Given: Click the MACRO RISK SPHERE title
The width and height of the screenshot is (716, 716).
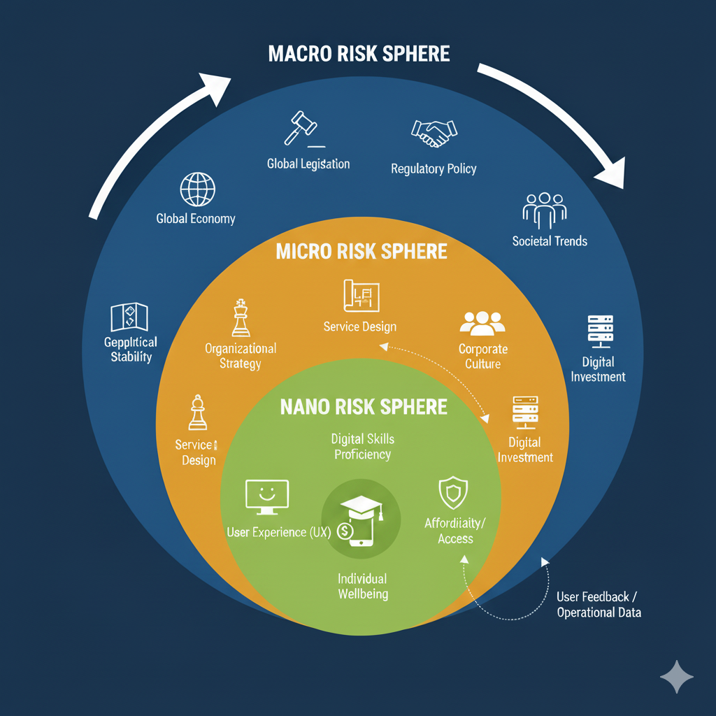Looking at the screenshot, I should pyautogui.click(x=359, y=54).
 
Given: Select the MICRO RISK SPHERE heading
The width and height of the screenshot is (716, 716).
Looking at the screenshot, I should pyautogui.click(x=361, y=252).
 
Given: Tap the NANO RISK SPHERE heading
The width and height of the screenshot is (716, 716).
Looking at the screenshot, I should pyautogui.click(x=364, y=406).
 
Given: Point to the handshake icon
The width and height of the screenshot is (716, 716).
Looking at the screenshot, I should pyautogui.click(x=434, y=132).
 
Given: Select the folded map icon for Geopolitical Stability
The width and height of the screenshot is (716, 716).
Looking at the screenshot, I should pyautogui.click(x=129, y=317).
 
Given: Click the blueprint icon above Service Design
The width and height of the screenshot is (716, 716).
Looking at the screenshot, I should pyautogui.click(x=361, y=295).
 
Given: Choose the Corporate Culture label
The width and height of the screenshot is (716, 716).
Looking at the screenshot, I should pyautogui.click(x=483, y=356).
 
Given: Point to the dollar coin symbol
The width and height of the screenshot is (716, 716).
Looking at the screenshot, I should pyautogui.click(x=345, y=531).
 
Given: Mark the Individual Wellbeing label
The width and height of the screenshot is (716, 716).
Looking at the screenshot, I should pyautogui.click(x=362, y=587).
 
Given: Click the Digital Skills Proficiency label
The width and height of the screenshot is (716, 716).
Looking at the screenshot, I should pyautogui.click(x=362, y=447).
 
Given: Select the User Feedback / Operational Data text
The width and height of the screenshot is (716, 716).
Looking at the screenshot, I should pyautogui.click(x=599, y=605).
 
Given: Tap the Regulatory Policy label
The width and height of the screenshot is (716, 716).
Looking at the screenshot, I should pyautogui.click(x=434, y=169).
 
